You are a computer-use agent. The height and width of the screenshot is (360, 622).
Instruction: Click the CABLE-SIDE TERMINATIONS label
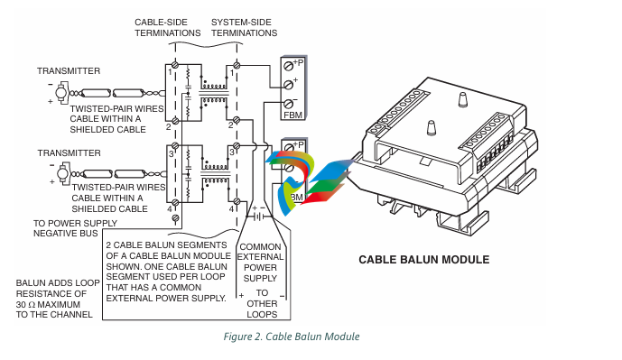(x=167, y=28)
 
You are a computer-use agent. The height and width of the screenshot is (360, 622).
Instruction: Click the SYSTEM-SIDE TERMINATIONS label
(x=244, y=28)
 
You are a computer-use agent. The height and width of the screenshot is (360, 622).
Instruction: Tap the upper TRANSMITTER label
(x=69, y=71)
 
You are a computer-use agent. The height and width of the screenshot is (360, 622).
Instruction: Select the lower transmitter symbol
(x=63, y=173)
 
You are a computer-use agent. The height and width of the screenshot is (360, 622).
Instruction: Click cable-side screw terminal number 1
(x=174, y=65)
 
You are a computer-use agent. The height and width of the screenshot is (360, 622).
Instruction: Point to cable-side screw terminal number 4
(x=175, y=203)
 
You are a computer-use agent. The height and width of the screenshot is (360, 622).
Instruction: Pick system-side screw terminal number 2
(x=237, y=120)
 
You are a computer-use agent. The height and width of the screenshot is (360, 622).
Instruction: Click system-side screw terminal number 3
(x=237, y=146)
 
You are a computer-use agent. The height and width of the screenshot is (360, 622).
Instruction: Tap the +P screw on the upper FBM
(x=288, y=66)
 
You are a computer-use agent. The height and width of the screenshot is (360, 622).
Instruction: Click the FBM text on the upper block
(x=293, y=115)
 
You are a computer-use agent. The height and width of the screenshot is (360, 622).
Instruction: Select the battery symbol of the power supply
(x=259, y=217)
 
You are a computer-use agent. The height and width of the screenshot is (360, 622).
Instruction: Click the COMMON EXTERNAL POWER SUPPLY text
(x=260, y=263)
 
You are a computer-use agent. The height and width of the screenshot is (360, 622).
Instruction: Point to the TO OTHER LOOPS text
(x=262, y=304)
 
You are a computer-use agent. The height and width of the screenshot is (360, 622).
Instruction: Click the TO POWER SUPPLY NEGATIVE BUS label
(x=75, y=228)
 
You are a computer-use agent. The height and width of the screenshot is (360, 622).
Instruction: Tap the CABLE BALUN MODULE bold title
(x=424, y=260)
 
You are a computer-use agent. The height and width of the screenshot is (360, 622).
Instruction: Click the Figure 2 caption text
(x=292, y=337)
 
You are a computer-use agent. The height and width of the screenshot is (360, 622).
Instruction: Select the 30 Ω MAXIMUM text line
(x=48, y=304)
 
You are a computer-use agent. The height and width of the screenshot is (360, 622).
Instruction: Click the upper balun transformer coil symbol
(x=214, y=93)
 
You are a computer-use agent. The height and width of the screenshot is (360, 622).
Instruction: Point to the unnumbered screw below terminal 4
(x=175, y=218)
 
